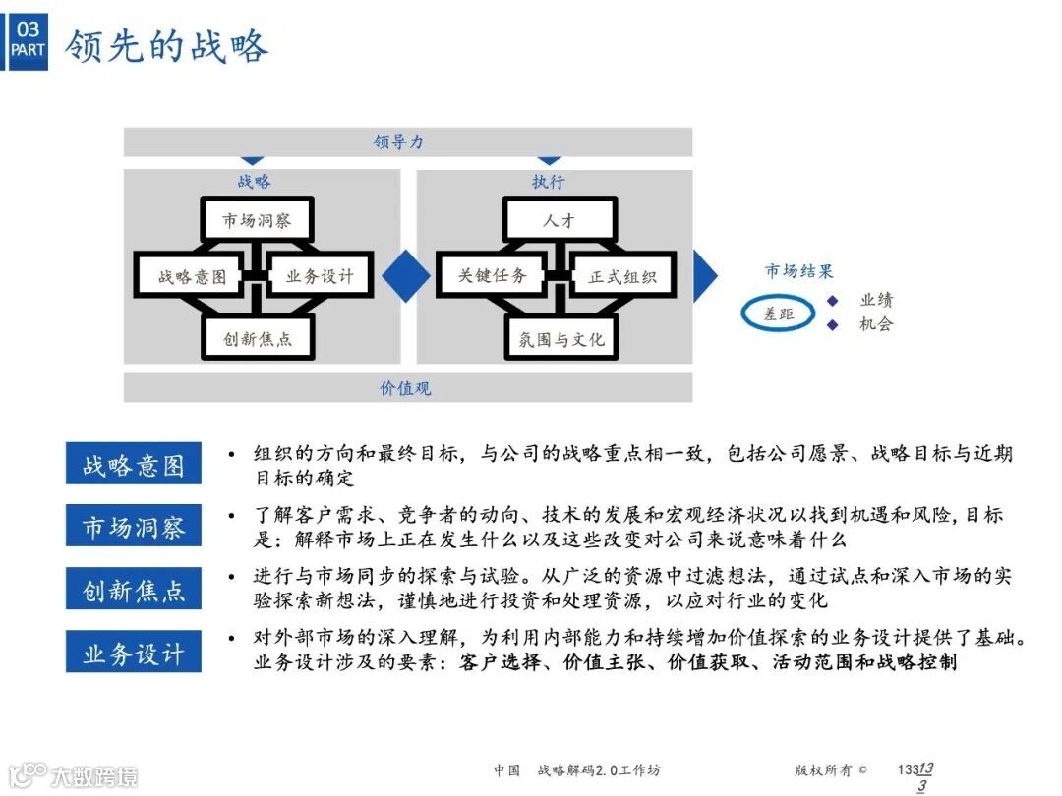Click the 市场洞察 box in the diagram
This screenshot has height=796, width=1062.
click(x=257, y=220)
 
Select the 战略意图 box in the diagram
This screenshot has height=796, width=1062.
click(x=193, y=276)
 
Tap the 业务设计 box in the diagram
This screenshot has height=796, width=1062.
click(x=321, y=276)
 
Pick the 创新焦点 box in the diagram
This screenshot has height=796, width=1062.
click(x=258, y=339)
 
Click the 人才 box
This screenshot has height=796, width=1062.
click(x=560, y=220)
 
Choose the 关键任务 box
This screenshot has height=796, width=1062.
click(x=493, y=276)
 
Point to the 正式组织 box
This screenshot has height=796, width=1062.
click(x=622, y=277)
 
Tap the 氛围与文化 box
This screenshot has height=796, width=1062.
click(x=561, y=339)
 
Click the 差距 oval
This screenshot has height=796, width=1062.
click(x=779, y=313)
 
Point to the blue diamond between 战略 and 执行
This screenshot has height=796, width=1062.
click(x=406, y=275)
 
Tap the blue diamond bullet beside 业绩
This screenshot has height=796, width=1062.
click(x=832, y=301)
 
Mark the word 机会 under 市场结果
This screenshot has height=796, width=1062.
click(x=875, y=324)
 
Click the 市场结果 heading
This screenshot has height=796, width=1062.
click(x=799, y=271)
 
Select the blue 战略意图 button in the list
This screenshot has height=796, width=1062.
click(x=134, y=464)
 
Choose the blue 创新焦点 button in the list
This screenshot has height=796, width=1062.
click(x=134, y=590)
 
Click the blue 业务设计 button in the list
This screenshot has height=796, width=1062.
click(x=134, y=653)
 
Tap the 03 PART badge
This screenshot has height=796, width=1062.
click(x=28, y=39)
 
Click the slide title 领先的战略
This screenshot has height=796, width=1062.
click(x=167, y=46)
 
